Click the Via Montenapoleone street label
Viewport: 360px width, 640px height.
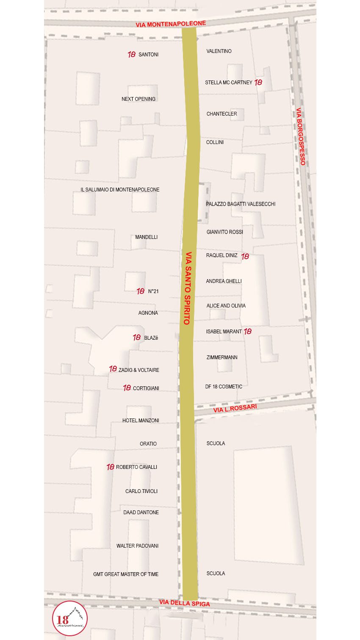click(171, 24)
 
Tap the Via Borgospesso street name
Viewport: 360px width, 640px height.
click(300, 136)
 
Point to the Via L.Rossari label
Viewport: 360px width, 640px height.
click(235, 408)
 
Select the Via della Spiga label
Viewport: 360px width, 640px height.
click(185, 603)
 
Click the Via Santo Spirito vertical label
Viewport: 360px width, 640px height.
click(188, 288)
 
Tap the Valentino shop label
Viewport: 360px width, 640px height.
click(219, 51)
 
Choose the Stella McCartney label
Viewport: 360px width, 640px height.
click(229, 83)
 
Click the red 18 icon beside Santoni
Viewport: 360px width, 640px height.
click(132, 55)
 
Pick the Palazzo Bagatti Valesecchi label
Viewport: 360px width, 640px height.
click(241, 204)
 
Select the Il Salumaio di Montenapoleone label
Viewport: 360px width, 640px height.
click(120, 190)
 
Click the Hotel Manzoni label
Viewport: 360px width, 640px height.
click(141, 421)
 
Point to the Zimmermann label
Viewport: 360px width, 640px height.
click(222, 357)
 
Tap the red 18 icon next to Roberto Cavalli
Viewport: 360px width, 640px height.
click(111, 467)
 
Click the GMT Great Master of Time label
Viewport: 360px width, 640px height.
click(126, 574)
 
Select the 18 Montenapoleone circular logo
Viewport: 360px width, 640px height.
click(70, 618)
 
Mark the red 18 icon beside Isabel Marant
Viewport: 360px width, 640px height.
click(248, 331)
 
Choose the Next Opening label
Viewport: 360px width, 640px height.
click(138, 99)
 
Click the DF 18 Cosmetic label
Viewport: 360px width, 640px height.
click(224, 387)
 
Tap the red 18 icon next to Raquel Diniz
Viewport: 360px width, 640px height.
click(245, 256)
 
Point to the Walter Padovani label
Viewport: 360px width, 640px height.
click(137, 546)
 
